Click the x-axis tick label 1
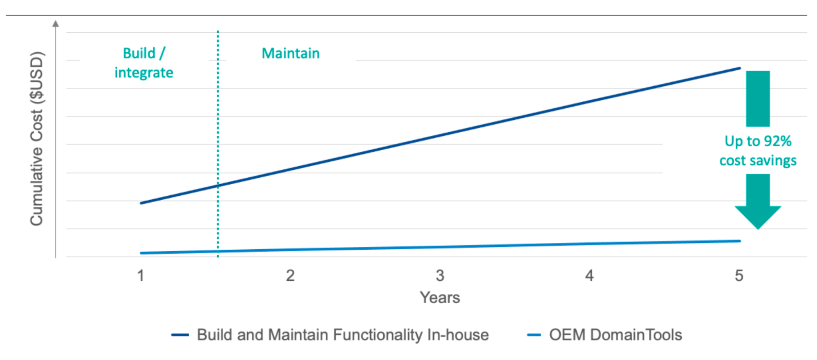(141, 276)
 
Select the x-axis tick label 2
(290, 276)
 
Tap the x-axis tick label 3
(440, 276)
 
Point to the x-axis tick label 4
(589, 276)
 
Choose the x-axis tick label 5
(739, 276)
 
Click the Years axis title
(440, 298)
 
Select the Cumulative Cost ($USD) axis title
(37, 139)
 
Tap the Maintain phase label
(291, 54)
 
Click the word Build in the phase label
(139, 54)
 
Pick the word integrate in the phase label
(144, 73)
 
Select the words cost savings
(758, 161)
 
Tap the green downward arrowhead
(758, 217)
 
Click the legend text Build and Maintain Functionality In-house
(343, 335)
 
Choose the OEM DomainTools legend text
(616, 335)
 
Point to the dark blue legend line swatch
(180, 335)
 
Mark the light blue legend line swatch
(534, 335)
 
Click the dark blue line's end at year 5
(739, 68)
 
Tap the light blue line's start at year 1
(141, 253)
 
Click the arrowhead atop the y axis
(56, 24)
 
